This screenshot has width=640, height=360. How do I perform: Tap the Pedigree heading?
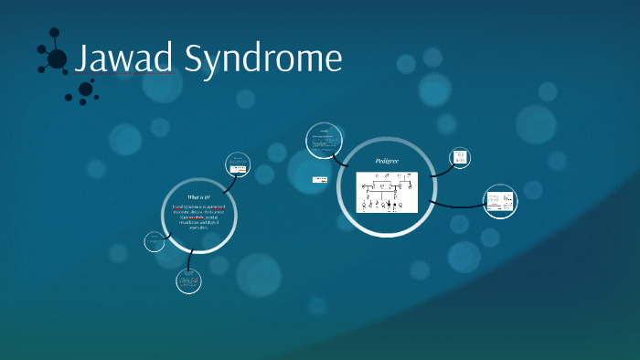(388, 162)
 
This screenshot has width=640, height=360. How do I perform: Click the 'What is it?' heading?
(198, 196)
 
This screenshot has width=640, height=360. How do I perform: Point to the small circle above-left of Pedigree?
(323, 139)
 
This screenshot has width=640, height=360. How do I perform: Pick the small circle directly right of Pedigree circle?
(461, 158)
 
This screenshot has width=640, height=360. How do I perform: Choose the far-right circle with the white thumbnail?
(499, 201)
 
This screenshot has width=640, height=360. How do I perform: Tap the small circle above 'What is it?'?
(239, 165)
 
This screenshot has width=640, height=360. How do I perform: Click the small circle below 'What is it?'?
(188, 281)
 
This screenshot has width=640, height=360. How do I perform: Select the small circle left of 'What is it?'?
(155, 242)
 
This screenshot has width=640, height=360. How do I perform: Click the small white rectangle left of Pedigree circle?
(320, 179)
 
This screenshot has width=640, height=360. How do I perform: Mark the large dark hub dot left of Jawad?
(57, 59)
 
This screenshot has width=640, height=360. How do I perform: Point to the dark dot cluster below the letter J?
(85, 90)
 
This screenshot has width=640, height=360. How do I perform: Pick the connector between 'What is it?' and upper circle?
(229, 180)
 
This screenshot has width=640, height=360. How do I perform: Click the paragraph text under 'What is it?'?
(198, 217)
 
